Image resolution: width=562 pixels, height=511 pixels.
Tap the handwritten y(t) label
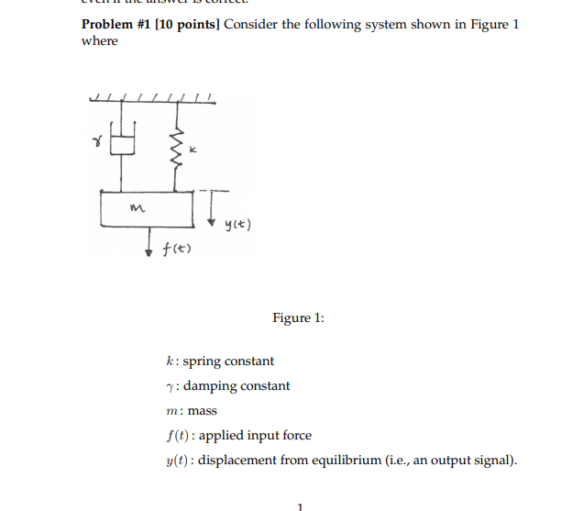[x=236, y=225]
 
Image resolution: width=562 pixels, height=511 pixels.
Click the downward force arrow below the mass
[x=149, y=242]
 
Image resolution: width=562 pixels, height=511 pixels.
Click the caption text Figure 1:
[x=298, y=317]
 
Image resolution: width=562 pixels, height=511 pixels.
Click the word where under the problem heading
[x=100, y=41]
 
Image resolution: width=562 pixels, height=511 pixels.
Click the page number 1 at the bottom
[x=299, y=503]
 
